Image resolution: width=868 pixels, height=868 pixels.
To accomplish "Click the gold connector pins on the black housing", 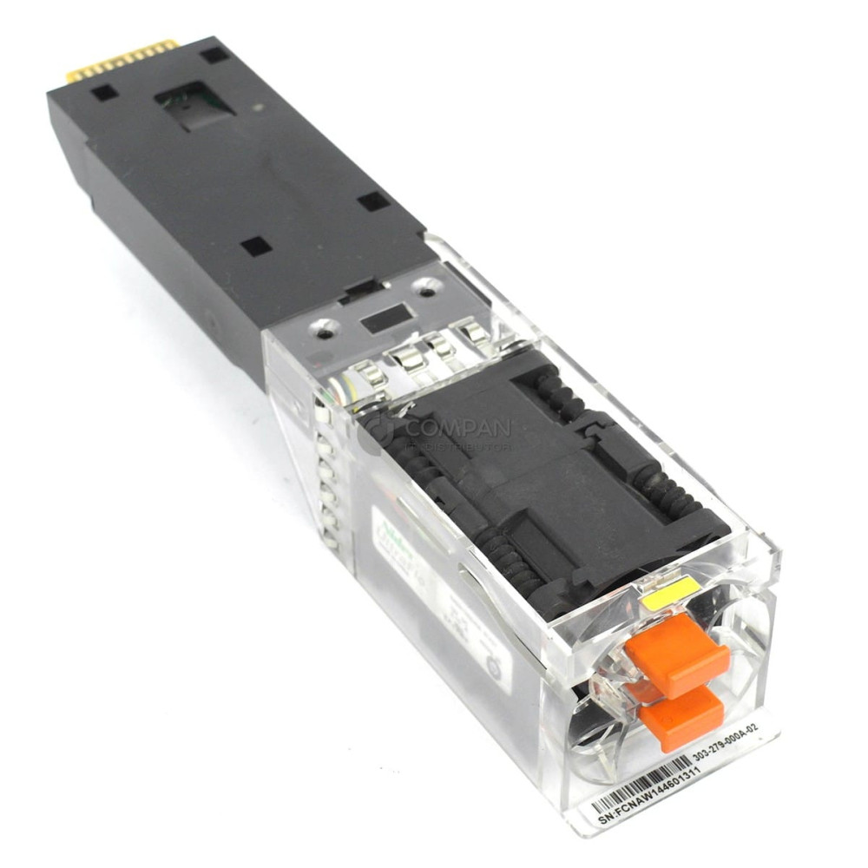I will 122,60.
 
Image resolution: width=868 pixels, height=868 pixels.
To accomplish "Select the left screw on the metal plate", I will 325,329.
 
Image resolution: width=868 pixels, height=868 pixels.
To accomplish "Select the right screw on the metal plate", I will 425,285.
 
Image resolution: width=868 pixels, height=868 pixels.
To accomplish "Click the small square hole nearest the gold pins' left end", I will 104,92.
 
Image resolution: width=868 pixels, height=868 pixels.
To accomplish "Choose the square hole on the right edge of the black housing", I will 373,201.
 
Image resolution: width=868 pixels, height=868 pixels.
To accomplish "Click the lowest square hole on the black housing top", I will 255,246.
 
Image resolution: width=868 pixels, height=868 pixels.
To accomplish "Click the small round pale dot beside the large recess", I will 258,108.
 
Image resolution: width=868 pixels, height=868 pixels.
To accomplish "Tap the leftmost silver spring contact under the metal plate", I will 370,375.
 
